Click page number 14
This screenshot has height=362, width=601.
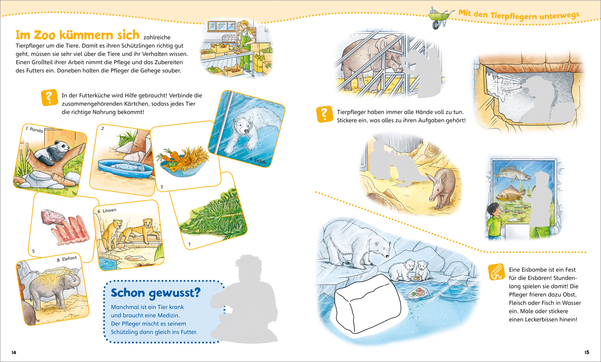coord(14,352)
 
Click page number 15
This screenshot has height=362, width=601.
coord(587,352)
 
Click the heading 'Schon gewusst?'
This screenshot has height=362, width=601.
coord(156,293)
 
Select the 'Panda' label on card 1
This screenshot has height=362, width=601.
coord(36,130)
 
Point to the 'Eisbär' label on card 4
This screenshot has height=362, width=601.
coord(260,161)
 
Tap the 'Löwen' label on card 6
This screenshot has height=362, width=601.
coord(110,210)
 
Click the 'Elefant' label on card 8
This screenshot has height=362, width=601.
coord(69,259)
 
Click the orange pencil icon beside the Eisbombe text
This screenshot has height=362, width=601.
coord(496,272)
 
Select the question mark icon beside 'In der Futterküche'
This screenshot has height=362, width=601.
coord(49,97)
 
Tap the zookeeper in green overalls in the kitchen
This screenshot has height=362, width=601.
coord(246,46)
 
